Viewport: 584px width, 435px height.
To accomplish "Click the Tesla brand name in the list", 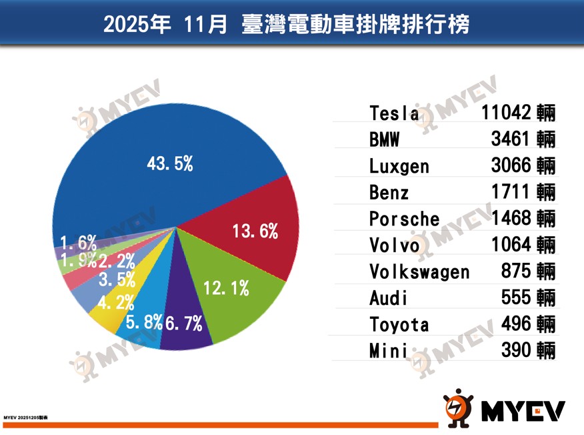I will tap(394, 113).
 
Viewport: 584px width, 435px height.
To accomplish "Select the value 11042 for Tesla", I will tap(506, 112).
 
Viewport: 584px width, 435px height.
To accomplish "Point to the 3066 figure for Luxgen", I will tap(510, 165).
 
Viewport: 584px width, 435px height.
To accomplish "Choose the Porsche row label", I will tap(404, 220).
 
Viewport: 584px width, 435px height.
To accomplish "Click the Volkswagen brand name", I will tap(419, 272).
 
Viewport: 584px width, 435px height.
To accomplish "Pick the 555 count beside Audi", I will tap(516, 298).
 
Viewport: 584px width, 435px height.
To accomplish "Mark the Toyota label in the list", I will tap(399, 325).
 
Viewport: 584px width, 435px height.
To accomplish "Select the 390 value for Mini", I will tap(516, 350).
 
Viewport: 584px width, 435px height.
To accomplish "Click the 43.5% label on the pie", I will tap(169, 163).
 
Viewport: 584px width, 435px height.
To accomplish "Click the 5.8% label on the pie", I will tap(144, 322).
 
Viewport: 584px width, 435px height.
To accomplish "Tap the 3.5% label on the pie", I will tap(117, 279).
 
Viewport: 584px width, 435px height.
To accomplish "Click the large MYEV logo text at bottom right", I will tap(523, 411).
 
